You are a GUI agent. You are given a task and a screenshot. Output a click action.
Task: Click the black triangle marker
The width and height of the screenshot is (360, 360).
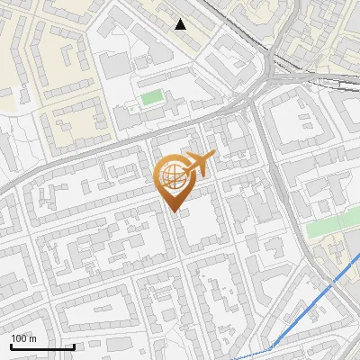click(x=181, y=23)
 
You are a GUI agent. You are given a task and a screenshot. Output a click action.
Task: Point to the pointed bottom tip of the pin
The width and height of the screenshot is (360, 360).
click(x=174, y=212)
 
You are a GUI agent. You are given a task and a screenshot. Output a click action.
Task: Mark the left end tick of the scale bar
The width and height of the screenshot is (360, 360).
click(x=11, y=346)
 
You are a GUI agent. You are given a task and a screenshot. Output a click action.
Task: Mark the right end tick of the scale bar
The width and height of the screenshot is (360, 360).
click(x=74, y=346)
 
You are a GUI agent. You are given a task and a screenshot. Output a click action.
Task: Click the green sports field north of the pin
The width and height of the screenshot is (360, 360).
click(x=151, y=95)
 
